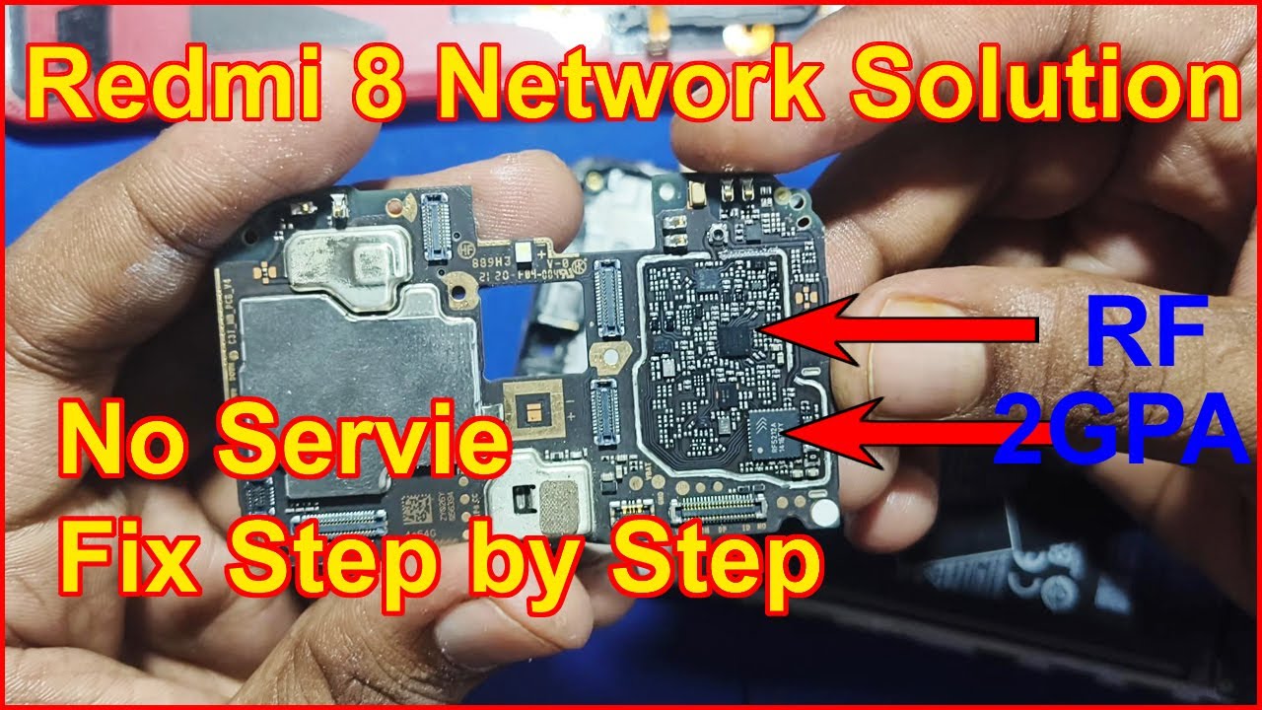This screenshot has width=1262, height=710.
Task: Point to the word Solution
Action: click(1045, 87)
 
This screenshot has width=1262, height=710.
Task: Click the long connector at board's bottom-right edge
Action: click(719, 509)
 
